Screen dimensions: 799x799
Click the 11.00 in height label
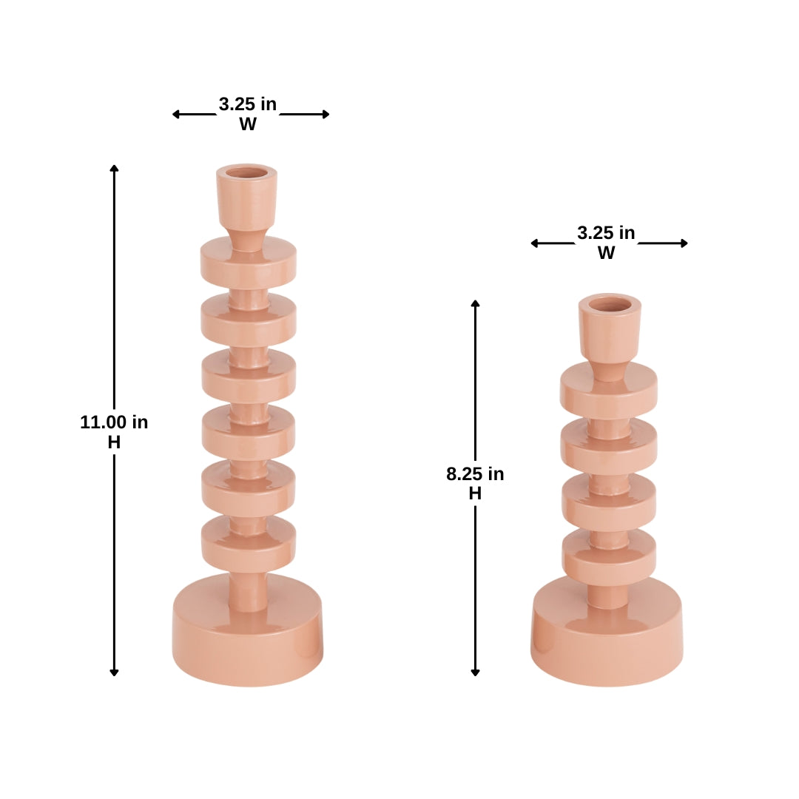click(114, 422)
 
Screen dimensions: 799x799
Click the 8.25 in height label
click(475, 474)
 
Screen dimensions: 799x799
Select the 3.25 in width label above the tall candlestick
click(248, 105)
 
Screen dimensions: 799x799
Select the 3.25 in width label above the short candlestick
click(606, 233)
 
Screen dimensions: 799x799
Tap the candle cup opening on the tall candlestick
click(247, 173)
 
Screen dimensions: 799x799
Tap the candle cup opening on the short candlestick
click(610, 303)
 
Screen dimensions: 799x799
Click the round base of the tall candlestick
click(248, 636)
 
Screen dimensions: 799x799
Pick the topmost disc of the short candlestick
click(608, 393)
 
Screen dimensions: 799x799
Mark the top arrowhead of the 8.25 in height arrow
click(475, 303)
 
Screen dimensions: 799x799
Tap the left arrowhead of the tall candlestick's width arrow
click(176, 114)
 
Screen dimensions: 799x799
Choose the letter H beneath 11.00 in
click(114, 442)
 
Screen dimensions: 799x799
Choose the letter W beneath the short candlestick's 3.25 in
click(606, 253)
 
